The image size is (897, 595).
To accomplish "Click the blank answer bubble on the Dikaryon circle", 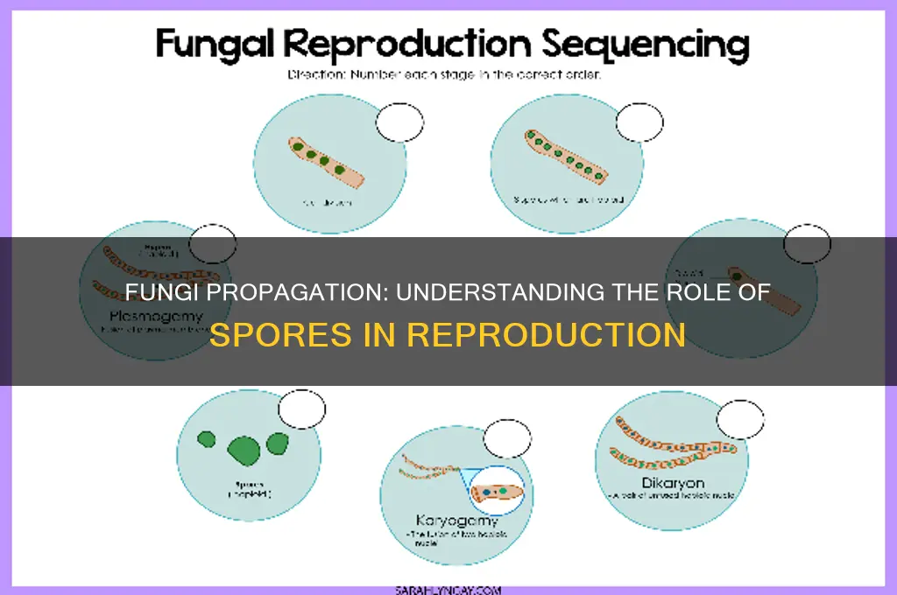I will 739,419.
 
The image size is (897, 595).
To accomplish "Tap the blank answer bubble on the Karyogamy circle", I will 507,437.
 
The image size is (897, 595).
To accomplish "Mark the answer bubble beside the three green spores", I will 301,409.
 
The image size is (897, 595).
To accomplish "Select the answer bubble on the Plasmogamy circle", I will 213,243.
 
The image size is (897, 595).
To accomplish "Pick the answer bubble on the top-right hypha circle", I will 639,122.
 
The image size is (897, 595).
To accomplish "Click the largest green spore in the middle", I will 244,449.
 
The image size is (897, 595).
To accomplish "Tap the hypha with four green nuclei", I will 325,161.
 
